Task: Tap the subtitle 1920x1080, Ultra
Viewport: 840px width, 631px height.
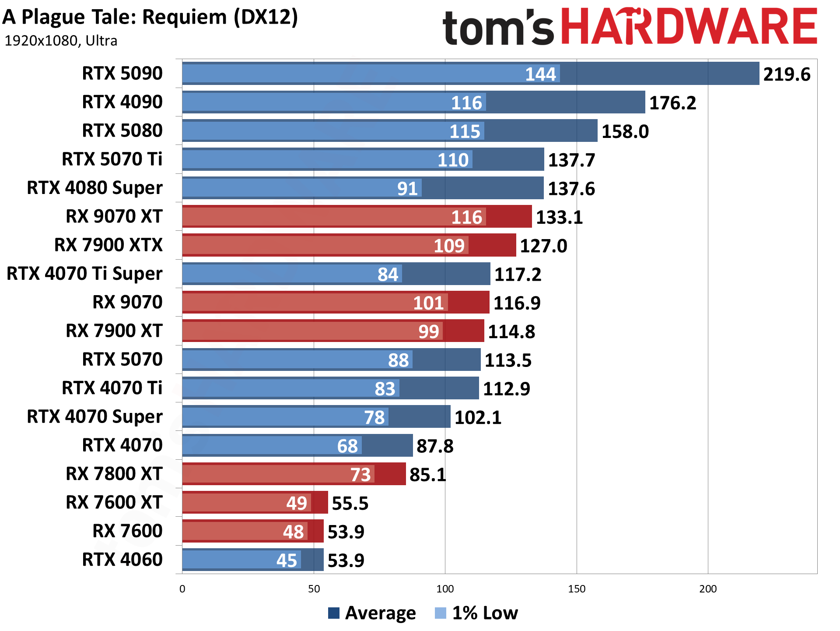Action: coord(61,41)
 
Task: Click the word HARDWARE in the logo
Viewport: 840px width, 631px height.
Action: coord(689,27)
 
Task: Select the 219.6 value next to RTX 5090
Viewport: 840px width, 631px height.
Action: coord(787,74)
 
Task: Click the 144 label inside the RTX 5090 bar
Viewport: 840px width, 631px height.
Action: coord(540,74)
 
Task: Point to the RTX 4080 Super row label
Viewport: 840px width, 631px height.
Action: coord(94,188)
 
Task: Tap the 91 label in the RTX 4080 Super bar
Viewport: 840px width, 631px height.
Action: coord(407,189)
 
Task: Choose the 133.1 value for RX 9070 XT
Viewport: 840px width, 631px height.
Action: coord(559,217)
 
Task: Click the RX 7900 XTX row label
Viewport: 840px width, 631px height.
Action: coord(108,245)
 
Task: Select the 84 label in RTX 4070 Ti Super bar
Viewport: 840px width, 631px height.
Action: coord(388,275)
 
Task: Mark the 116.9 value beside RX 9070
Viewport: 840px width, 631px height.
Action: coord(517,303)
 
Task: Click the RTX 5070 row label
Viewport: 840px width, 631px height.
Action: coord(122,360)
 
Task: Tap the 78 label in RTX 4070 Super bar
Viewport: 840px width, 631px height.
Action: coord(374,417)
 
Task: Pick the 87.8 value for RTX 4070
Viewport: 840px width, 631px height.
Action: coord(435,446)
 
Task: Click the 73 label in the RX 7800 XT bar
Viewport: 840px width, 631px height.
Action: coord(360,475)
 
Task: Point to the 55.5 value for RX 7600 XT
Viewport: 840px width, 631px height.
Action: coord(350,504)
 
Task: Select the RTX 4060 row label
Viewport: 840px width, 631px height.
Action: coord(122,560)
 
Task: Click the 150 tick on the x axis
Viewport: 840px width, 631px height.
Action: coord(576,589)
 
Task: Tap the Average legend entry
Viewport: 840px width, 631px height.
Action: coord(372,613)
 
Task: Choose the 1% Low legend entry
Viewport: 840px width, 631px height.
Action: coord(476,613)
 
